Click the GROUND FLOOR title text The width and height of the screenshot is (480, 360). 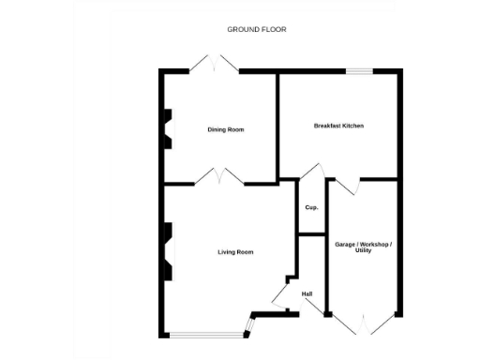[256, 29]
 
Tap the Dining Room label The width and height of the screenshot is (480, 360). [225, 129]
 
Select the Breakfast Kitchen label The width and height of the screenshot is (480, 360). [338, 126]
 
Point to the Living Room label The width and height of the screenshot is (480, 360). [235, 252]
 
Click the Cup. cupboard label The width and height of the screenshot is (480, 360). [311, 207]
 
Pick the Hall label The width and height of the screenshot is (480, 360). [307, 294]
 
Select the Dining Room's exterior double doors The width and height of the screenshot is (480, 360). [214, 64]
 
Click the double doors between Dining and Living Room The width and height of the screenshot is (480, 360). [221, 176]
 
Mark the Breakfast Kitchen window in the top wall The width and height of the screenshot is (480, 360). [359, 69]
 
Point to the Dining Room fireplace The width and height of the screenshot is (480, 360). [169, 129]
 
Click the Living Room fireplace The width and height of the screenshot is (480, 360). [169, 251]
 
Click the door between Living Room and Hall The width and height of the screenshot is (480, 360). [280, 296]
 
